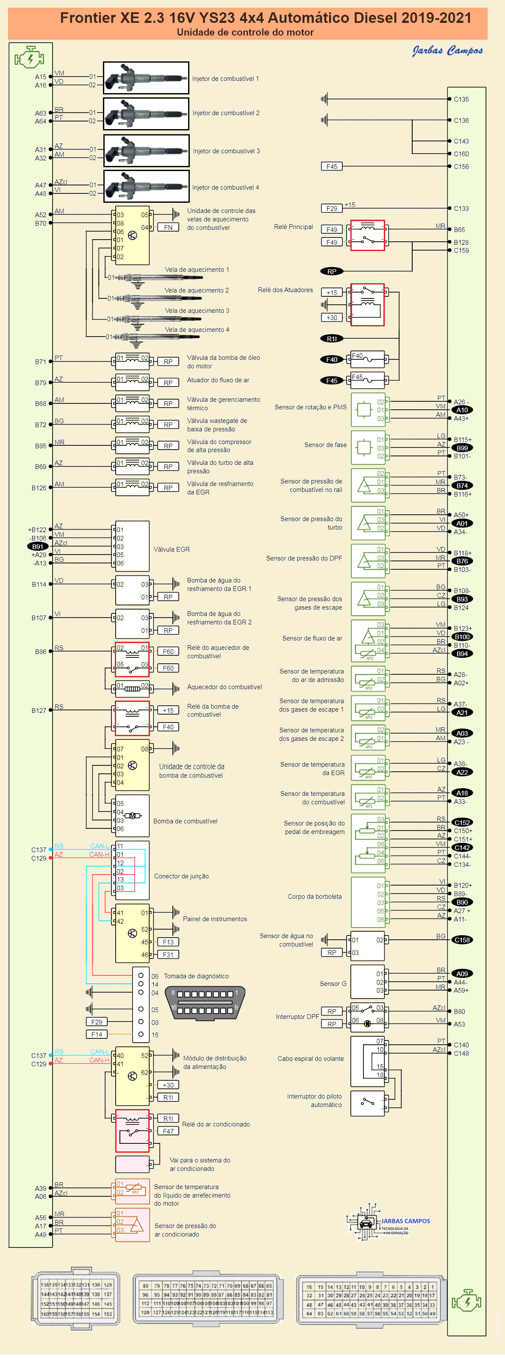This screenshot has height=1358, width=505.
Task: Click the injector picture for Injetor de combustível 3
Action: [x=146, y=151]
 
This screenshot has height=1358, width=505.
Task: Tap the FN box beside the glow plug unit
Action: [x=168, y=228]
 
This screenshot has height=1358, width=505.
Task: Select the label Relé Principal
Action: [x=294, y=227]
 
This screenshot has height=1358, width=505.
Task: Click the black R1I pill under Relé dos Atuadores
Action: [x=331, y=339]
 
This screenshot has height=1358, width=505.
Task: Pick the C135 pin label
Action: [x=461, y=99]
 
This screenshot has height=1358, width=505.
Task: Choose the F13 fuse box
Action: [x=168, y=942]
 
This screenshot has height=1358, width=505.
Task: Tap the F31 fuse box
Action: [x=168, y=955]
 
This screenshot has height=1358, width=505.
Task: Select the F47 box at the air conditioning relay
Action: [x=168, y=1132]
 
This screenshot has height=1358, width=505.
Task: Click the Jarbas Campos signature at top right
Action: [x=447, y=51]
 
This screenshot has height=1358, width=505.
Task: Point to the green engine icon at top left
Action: [x=30, y=57]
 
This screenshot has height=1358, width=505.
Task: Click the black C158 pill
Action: [x=462, y=940]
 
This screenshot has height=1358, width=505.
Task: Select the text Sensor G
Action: [x=333, y=984]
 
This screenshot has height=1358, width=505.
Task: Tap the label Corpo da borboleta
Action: [x=314, y=897]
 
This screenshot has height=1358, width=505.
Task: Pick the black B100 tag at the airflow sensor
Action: [x=462, y=637]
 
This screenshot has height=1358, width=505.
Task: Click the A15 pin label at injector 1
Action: [x=41, y=77]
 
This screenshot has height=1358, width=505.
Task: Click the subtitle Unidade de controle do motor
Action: [x=245, y=33]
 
